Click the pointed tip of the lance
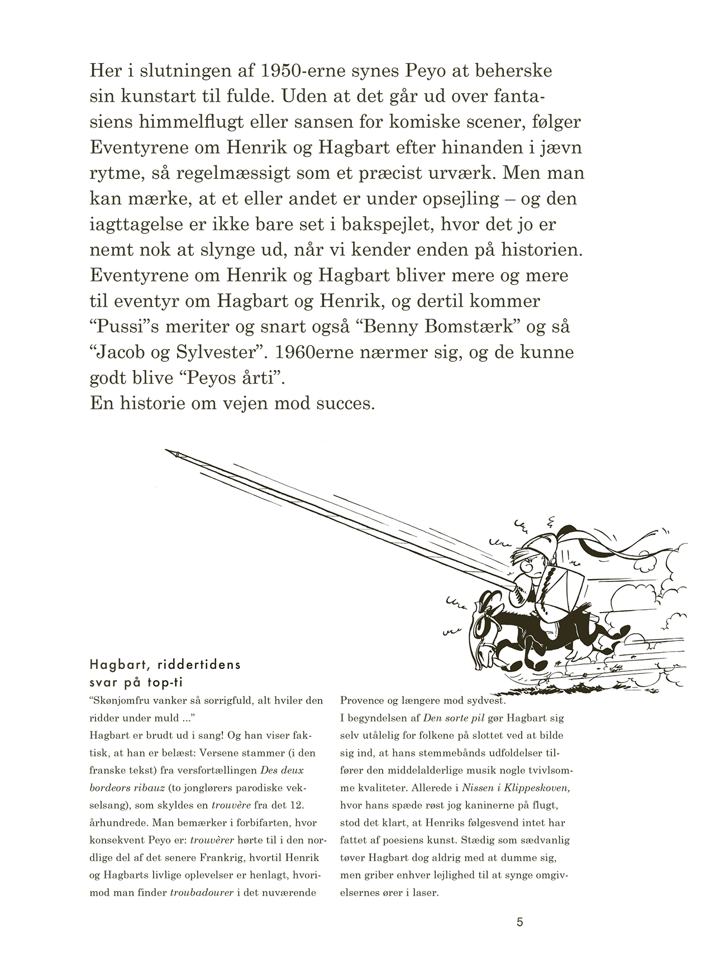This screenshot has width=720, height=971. pos(168,450)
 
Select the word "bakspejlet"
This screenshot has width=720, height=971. pos(373,224)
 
